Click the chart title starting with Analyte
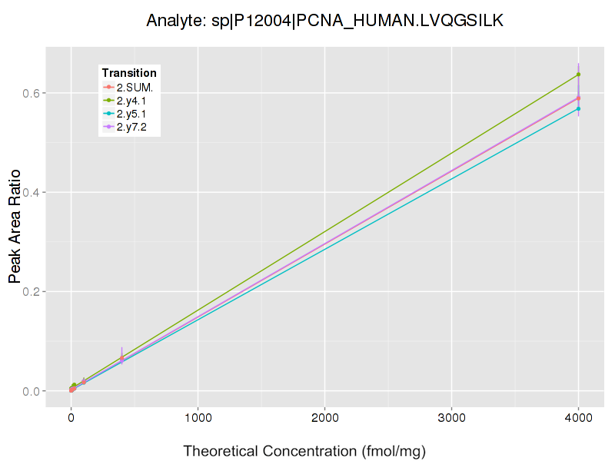(324, 21)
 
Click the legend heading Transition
(129, 73)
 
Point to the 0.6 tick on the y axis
(30, 93)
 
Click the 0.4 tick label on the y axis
(30, 192)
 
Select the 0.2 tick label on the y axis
(30, 292)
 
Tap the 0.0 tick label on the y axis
(30, 391)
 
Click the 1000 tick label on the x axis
(198, 419)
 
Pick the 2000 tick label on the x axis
(324, 419)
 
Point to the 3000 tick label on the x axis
(451, 419)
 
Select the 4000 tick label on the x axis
(578, 419)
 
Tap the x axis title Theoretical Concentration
(304, 451)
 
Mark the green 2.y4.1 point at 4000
(578, 75)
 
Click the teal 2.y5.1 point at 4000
(578, 109)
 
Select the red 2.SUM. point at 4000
(578, 98)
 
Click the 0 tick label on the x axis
(71, 419)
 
